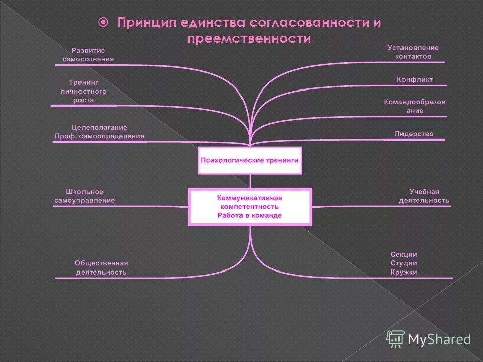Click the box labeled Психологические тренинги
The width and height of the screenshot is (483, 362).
click(250, 160)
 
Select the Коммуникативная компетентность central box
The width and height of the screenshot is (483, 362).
click(250, 207)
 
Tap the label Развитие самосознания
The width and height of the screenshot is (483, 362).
click(88, 55)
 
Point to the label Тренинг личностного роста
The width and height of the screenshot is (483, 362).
click(84, 91)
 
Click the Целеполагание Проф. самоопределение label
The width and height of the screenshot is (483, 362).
click(100, 132)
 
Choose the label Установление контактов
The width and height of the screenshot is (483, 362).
click(413, 52)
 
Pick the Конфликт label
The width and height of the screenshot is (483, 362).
click(415, 79)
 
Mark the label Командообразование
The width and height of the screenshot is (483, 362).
click(415, 106)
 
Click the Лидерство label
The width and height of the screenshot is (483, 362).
click(414, 134)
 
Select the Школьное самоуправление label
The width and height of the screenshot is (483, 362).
click(85, 196)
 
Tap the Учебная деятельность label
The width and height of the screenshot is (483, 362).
click(424, 196)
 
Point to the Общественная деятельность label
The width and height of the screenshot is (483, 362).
click(101, 267)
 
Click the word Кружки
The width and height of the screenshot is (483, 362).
click(404, 272)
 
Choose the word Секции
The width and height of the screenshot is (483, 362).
click(404, 254)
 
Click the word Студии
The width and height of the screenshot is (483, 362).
click(404, 263)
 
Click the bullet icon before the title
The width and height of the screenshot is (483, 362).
click(103, 22)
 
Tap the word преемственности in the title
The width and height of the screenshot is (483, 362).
click(249, 39)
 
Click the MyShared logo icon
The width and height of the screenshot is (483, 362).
click(395, 339)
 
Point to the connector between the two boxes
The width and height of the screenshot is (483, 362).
click(250, 181)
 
